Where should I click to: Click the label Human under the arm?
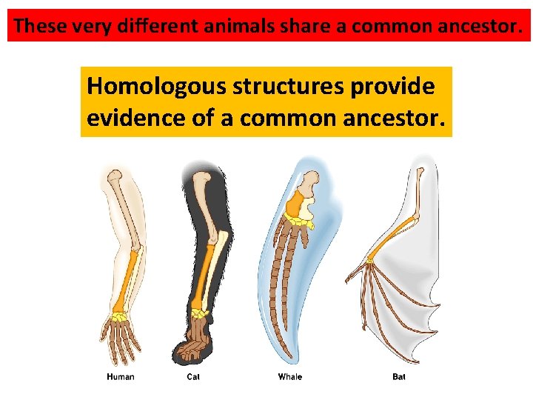pyautogui.click(x=121, y=377)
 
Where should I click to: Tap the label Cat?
pyautogui.click(x=193, y=377)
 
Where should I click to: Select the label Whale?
pyautogui.click(x=290, y=377)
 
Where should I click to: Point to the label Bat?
pyautogui.click(x=399, y=377)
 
